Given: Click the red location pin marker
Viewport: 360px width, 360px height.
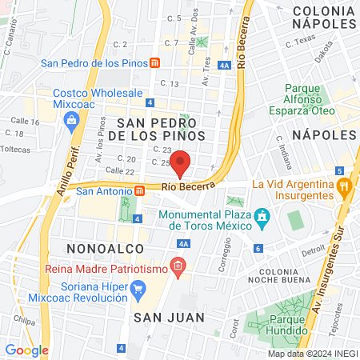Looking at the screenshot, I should [x=181, y=162].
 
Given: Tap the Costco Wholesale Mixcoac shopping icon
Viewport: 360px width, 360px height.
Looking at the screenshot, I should [x=72, y=120].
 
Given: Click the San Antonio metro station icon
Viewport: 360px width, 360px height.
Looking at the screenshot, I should [x=140, y=190].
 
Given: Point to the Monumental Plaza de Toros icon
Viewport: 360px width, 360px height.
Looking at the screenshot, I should [x=261, y=217].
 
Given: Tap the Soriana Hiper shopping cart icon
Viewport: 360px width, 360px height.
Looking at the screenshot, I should [x=138, y=288].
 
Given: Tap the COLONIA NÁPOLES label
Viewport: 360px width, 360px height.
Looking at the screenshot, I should [x=324, y=18].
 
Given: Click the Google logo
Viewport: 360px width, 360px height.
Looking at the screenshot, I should [x=26, y=350].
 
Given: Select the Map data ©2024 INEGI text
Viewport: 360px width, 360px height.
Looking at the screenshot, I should [x=312, y=354].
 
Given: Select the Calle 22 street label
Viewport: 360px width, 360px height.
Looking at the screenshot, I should [x=119, y=170].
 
